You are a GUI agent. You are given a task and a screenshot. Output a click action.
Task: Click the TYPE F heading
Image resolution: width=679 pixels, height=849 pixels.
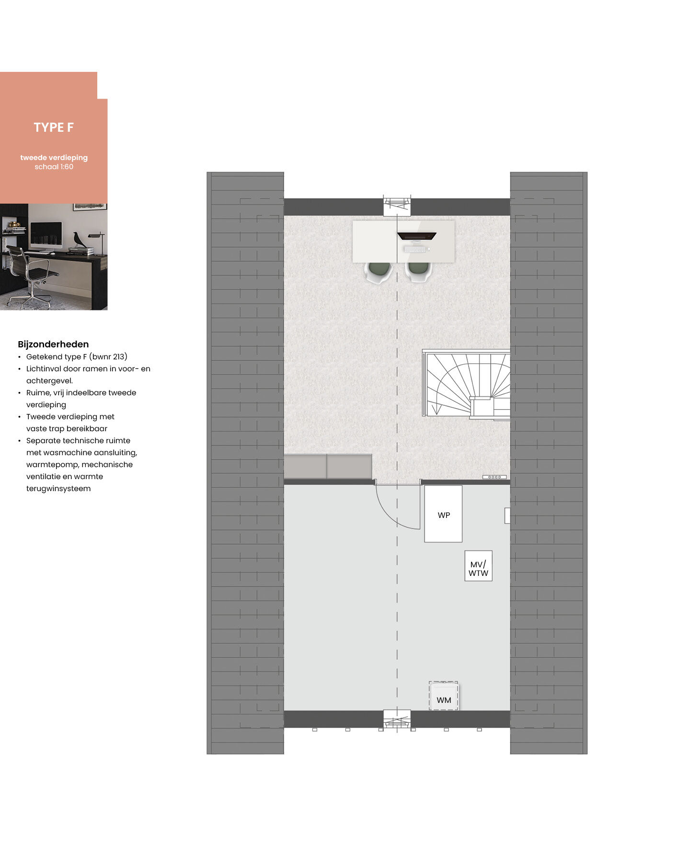(x=54, y=127)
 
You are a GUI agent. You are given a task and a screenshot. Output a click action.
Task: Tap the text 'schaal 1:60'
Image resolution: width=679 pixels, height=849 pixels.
(x=54, y=167)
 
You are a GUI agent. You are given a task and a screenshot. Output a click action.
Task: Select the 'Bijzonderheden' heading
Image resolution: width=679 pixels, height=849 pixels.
(x=53, y=344)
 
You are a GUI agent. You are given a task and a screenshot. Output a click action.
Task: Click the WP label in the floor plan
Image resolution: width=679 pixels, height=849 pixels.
(x=444, y=515)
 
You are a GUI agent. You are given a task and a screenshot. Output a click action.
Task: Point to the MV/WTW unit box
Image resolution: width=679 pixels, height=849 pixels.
(x=478, y=566)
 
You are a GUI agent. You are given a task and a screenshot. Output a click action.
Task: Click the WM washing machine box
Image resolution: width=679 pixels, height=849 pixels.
(x=444, y=696)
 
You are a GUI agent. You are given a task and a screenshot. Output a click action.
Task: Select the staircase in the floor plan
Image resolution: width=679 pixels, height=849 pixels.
(x=466, y=384)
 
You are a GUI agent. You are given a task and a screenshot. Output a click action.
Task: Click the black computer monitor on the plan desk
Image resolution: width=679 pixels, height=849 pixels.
(x=416, y=236)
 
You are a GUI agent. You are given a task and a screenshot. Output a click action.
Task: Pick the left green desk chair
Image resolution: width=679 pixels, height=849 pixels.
(x=378, y=272)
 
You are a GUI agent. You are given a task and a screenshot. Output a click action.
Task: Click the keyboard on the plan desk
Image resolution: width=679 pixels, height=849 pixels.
(x=415, y=249)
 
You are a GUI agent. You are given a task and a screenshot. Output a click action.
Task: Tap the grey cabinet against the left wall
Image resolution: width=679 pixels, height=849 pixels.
(x=328, y=467)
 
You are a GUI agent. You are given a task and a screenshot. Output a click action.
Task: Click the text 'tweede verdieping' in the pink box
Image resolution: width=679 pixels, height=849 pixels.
(x=54, y=158)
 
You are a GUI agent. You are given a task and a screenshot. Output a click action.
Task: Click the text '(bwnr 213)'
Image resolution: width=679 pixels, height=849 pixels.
(x=108, y=357)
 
